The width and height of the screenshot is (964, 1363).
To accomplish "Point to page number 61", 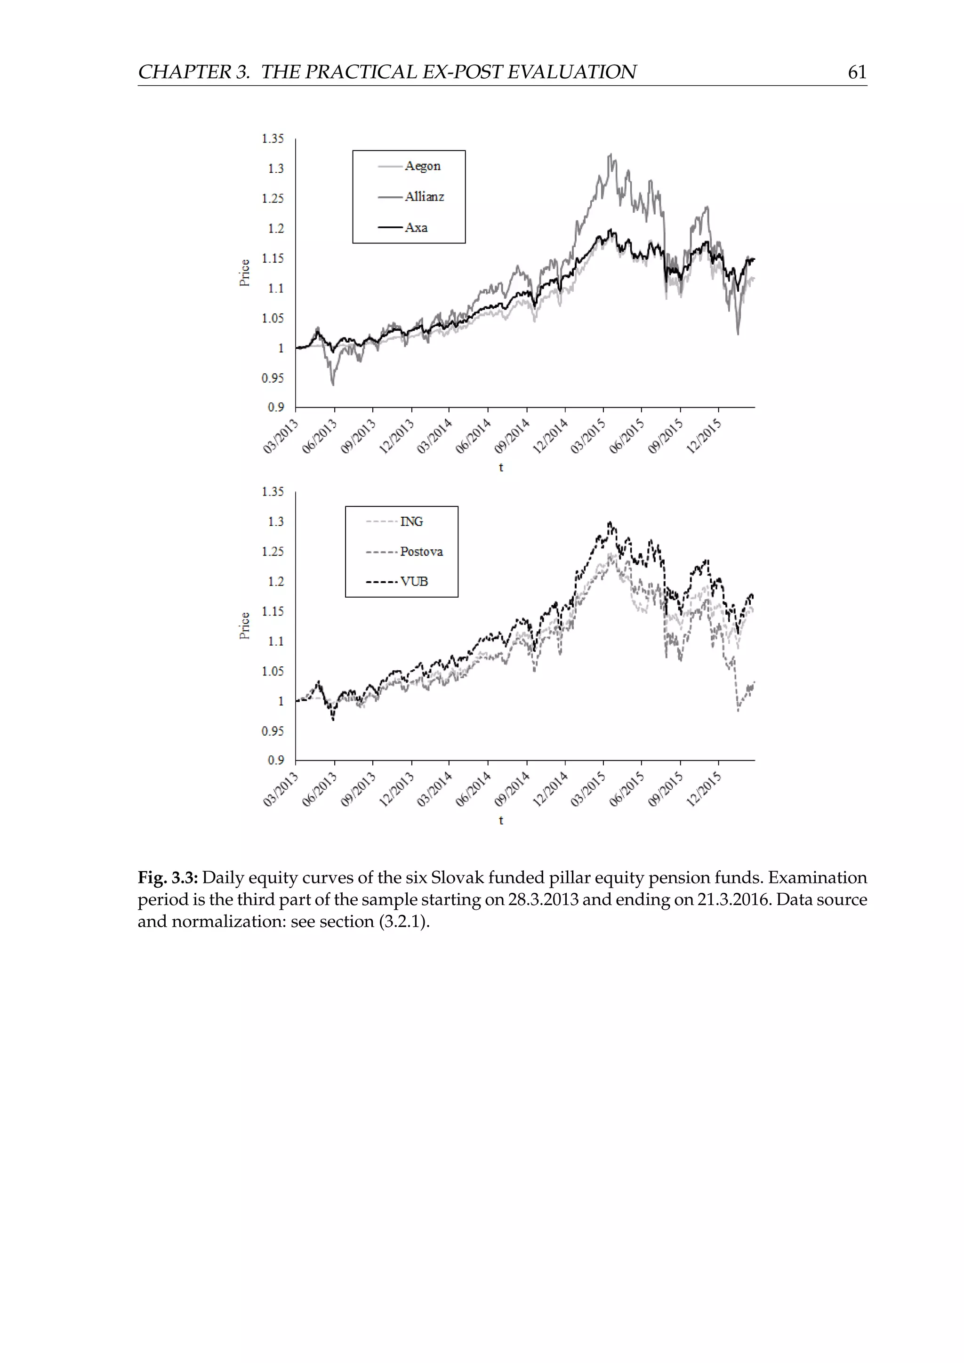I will pos(857,72).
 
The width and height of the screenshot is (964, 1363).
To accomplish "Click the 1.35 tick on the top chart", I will pos(273,139).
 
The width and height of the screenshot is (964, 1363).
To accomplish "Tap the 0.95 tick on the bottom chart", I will pos(273,731).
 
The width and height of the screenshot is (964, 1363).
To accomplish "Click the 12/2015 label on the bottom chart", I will pos(704,790).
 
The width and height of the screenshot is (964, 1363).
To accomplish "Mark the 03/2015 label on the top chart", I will pos(588,436).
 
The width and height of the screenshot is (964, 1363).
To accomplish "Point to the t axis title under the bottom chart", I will pos(501,820).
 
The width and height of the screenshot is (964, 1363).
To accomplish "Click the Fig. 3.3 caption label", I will pos(168,877).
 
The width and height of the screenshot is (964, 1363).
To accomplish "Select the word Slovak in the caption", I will pos(457,877).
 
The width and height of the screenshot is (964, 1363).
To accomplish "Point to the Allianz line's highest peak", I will pos(610,155).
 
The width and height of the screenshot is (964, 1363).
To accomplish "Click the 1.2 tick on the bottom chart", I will pos(276,582).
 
